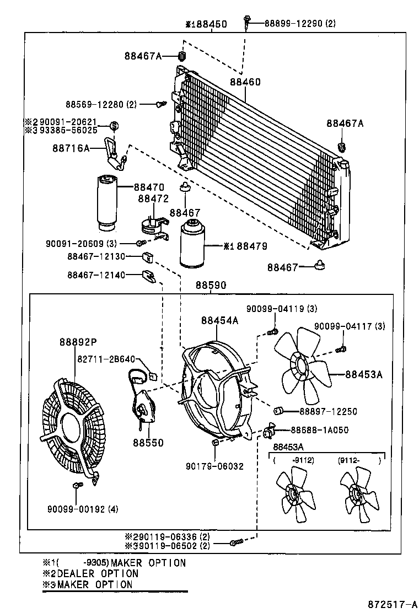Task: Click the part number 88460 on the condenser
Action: coord(245,82)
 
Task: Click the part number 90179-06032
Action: coord(214,466)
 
